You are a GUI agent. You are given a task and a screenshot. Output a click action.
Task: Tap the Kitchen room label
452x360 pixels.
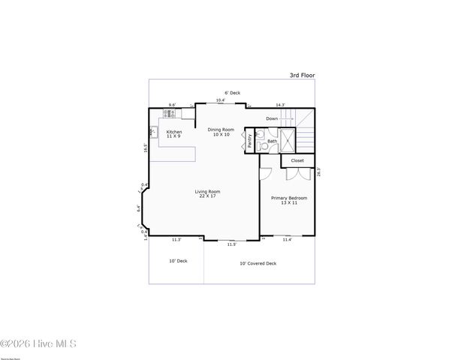(173, 133)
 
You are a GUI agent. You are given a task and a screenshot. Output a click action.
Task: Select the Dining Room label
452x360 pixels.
(221, 131)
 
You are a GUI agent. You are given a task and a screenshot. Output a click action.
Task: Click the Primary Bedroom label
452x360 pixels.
(289, 200)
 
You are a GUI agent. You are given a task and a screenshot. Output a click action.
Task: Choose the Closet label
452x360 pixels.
(297, 160)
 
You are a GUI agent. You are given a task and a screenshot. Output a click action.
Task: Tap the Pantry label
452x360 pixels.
(249, 141)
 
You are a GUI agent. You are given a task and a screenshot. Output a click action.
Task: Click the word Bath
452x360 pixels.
(273, 141)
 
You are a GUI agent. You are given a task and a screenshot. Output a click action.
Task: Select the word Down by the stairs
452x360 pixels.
(272, 118)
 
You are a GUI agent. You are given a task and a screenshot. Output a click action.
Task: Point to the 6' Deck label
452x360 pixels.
(232, 93)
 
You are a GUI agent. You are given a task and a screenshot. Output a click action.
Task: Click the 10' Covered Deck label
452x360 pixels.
(258, 263)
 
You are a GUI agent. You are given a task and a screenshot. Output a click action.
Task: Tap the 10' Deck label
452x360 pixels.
(177, 261)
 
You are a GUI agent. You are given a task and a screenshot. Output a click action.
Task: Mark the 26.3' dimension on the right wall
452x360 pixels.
(319, 172)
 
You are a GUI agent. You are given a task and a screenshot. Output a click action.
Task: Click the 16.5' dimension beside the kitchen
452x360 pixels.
(146, 148)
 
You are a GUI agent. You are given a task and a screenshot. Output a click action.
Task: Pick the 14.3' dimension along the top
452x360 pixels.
(280, 104)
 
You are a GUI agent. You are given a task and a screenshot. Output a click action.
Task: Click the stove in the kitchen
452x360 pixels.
(169, 113)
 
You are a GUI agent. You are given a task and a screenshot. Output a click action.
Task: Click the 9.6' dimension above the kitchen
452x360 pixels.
(172, 106)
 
